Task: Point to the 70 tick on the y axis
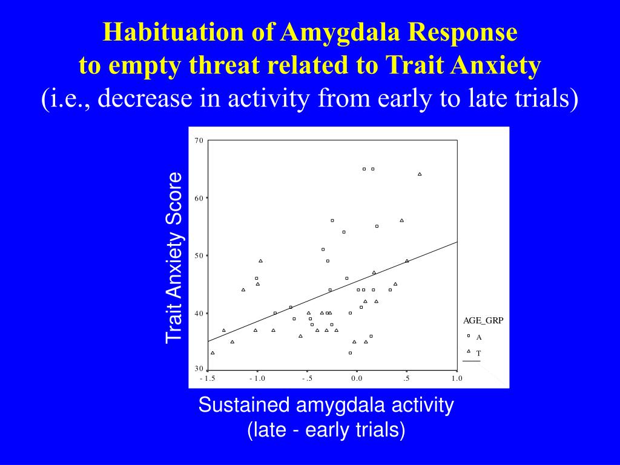coord(199,140)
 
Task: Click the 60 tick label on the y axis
coord(199,198)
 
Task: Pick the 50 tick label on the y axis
coord(199,256)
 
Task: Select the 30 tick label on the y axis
coord(199,369)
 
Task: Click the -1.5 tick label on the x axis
coord(207,378)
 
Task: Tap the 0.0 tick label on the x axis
coord(357,378)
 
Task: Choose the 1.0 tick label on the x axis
coord(457,378)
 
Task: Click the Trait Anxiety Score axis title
coord(174,257)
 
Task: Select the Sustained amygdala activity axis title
coord(326,405)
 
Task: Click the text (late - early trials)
coord(326,430)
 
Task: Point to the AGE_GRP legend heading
coord(483,322)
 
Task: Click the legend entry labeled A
coord(478,337)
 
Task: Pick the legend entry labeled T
coord(478,352)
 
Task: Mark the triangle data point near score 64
coord(420,174)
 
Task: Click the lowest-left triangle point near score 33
coord(213,352)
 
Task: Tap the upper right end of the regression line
coord(456,242)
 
